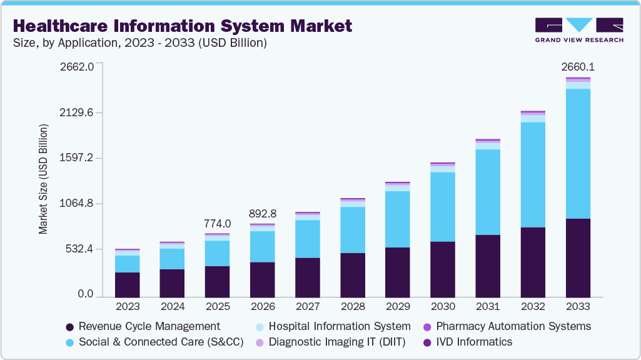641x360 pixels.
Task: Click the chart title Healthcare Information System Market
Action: click(x=182, y=26)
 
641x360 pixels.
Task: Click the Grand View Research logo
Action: click(x=579, y=30)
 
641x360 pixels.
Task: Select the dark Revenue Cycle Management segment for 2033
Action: click(x=578, y=257)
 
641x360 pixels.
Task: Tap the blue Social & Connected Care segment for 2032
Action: click(x=533, y=174)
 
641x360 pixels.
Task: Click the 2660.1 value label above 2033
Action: click(x=578, y=66)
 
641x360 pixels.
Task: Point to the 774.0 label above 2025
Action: click(x=218, y=223)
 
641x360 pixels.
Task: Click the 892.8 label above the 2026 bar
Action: click(x=263, y=213)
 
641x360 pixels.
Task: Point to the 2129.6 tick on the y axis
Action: click(x=76, y=113)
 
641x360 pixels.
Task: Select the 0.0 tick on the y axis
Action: click(x=86, y=294)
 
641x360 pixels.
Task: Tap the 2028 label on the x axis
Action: click(x=353, y=307)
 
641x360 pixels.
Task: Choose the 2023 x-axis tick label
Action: click(x=128, y=307)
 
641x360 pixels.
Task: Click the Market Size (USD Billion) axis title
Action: click(x=43, y=179)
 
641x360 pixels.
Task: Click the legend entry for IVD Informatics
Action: click(x=473, y=342)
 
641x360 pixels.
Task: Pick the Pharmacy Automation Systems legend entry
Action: click(x=513, y=326)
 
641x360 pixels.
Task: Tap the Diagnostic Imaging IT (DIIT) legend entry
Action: click(x=336, y=342)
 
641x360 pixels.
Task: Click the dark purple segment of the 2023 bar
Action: click(x=128, y=284)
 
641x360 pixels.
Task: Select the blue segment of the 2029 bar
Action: click(x=398, y=219)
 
